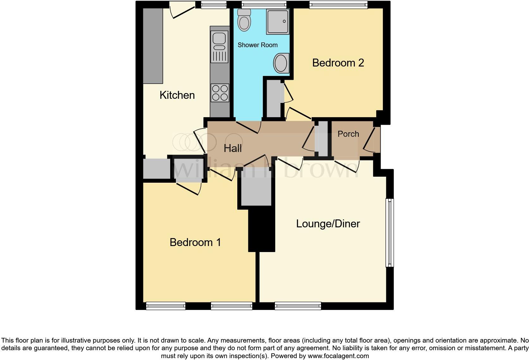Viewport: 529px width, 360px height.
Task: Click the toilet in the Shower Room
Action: pos(244,20)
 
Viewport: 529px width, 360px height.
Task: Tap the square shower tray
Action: pos(278,22)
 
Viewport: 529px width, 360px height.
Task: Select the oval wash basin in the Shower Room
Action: pos(281,63)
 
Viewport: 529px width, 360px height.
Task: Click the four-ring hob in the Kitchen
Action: pos(220,92)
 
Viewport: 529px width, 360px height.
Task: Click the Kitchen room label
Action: pos(177,95)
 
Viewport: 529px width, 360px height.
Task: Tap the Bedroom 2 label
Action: pos(338,63)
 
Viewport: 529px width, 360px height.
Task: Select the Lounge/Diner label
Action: pos(328,224)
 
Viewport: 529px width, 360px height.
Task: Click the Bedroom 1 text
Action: pos(195,242)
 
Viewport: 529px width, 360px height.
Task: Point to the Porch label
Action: pos(348,134)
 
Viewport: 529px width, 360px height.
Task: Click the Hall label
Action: pos(233,148)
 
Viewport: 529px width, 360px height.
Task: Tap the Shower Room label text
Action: pos(258,45)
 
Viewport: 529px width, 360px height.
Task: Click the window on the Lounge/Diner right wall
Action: pos(390,232)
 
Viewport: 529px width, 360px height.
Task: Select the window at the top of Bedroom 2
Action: pos(338,4)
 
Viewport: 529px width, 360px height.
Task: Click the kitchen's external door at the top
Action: pos(183,9)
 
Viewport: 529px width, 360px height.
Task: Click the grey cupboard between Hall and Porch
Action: pos(323,138)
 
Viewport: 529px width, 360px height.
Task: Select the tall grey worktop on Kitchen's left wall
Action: pos(153,46)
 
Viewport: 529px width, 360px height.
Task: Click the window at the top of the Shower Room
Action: pos(264,4)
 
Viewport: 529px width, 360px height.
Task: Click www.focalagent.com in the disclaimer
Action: pos(338,356)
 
